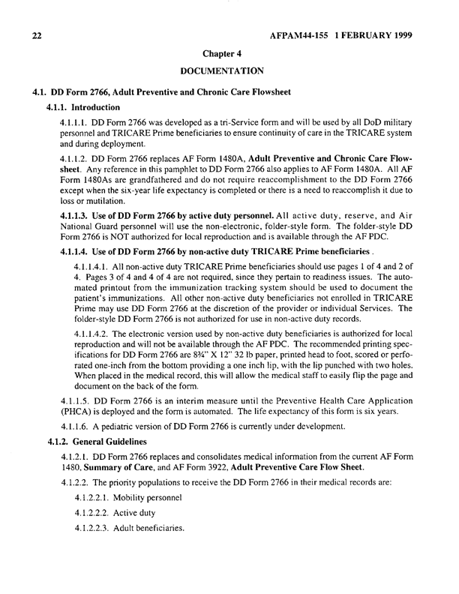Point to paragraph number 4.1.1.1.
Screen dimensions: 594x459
pyautogui.click(x=73, y=121)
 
